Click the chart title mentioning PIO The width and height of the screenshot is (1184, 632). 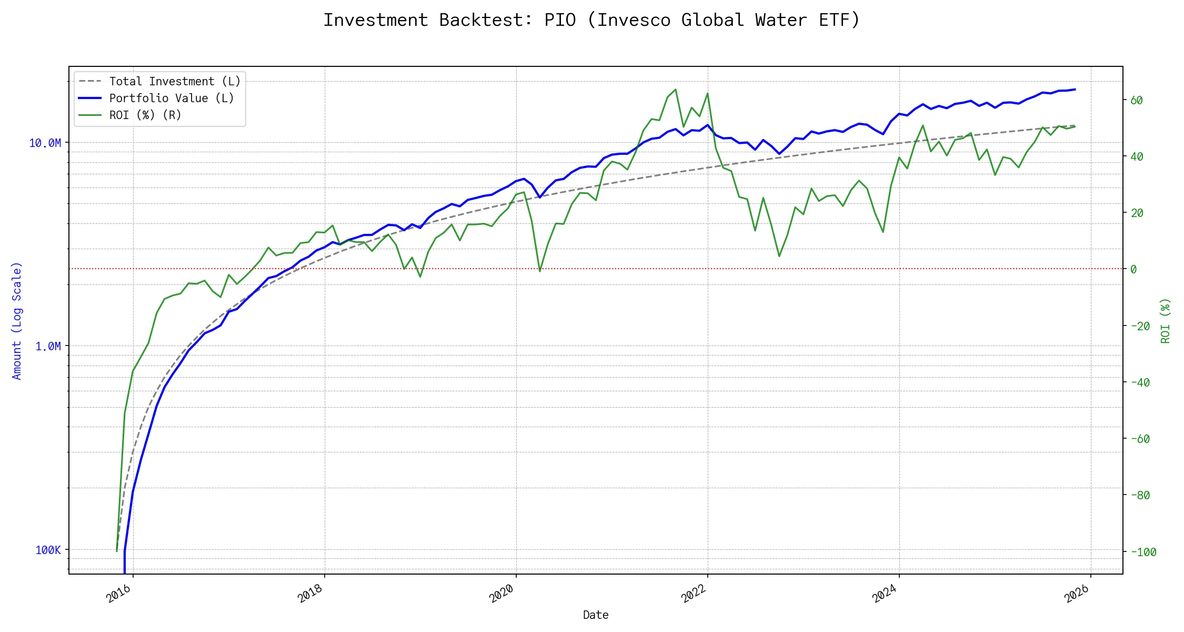[591, 20]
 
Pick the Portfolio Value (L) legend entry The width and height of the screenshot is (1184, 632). [172, 98]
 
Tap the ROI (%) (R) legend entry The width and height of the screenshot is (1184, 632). [145, 115]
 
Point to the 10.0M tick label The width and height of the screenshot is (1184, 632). [45, 143]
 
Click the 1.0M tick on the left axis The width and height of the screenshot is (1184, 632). [48, 347]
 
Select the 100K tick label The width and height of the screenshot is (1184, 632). [48, 550]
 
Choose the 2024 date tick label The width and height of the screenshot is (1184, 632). [885, 594]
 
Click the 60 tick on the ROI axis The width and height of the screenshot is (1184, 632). [1137, 101]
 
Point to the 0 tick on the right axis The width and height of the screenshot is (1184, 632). [1133, 270]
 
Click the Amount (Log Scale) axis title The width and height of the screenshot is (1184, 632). [17, 321]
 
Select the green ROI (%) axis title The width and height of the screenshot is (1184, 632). [1166, 321]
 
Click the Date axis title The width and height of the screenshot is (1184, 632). [596, 615]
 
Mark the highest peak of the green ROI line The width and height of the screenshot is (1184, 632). [676, 89]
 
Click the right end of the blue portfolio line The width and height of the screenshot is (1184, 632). [1075, 90]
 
